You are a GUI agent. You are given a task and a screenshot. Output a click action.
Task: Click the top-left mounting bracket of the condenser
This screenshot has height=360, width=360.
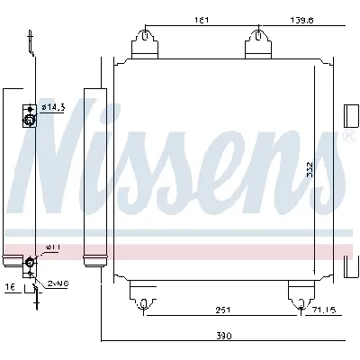[144, 43]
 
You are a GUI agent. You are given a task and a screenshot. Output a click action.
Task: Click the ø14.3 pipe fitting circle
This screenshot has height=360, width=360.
[29, 119]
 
